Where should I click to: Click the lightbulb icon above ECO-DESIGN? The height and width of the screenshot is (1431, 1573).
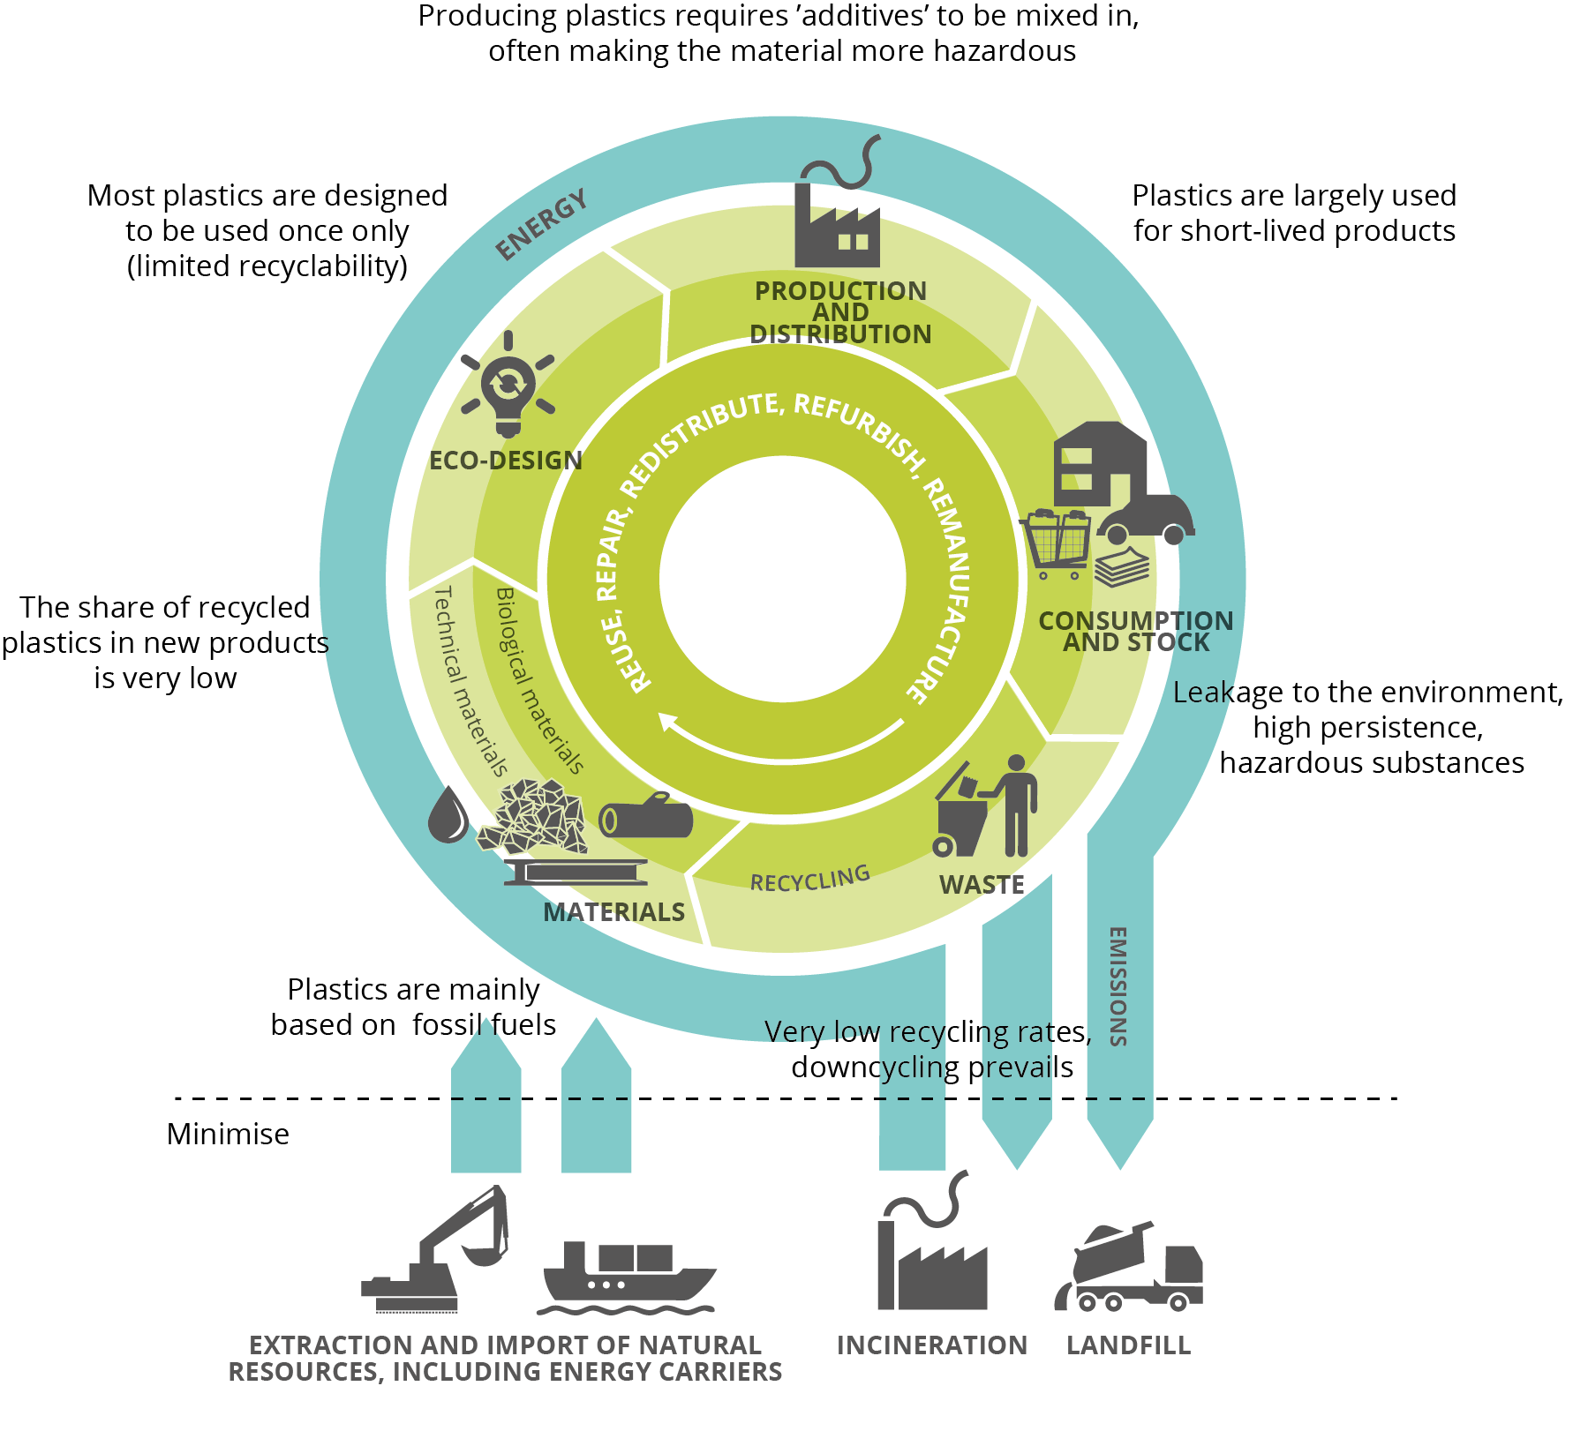click(x=508, y=386)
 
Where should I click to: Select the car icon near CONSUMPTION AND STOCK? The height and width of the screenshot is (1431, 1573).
click(x=1146, y=519)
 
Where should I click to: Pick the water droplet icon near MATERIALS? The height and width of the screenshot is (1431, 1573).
click(x=448, y=815)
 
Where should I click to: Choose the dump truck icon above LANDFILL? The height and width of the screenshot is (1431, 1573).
click(x=1129, y=1269)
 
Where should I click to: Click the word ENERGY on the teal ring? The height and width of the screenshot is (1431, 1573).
click(x=541, y=225)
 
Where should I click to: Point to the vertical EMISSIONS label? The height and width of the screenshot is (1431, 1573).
click(x=1118, y=986)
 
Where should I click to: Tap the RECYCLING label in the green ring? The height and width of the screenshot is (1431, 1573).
click(x=809, y=879)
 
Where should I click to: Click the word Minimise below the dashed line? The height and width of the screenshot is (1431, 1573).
click(x=228, y=1134)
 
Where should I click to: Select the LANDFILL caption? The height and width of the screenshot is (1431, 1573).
click(x=1128, y=1345)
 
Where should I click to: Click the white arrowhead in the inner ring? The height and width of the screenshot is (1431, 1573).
click(x=670, y=723)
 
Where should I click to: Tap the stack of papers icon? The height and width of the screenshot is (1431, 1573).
click(x=1122, y=566)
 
